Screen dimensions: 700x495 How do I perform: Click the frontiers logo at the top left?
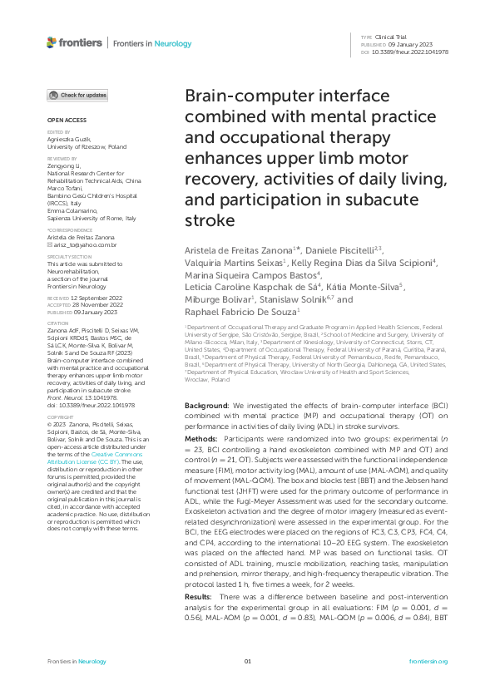[74, 42]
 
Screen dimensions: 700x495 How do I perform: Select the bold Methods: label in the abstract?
[201, 437]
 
